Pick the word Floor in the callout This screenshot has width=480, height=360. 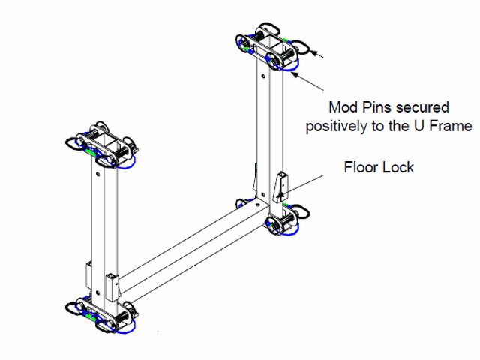pos(361,166)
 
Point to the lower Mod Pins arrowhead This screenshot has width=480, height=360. pos(295,73)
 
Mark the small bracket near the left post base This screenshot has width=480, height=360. pos(112,283)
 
